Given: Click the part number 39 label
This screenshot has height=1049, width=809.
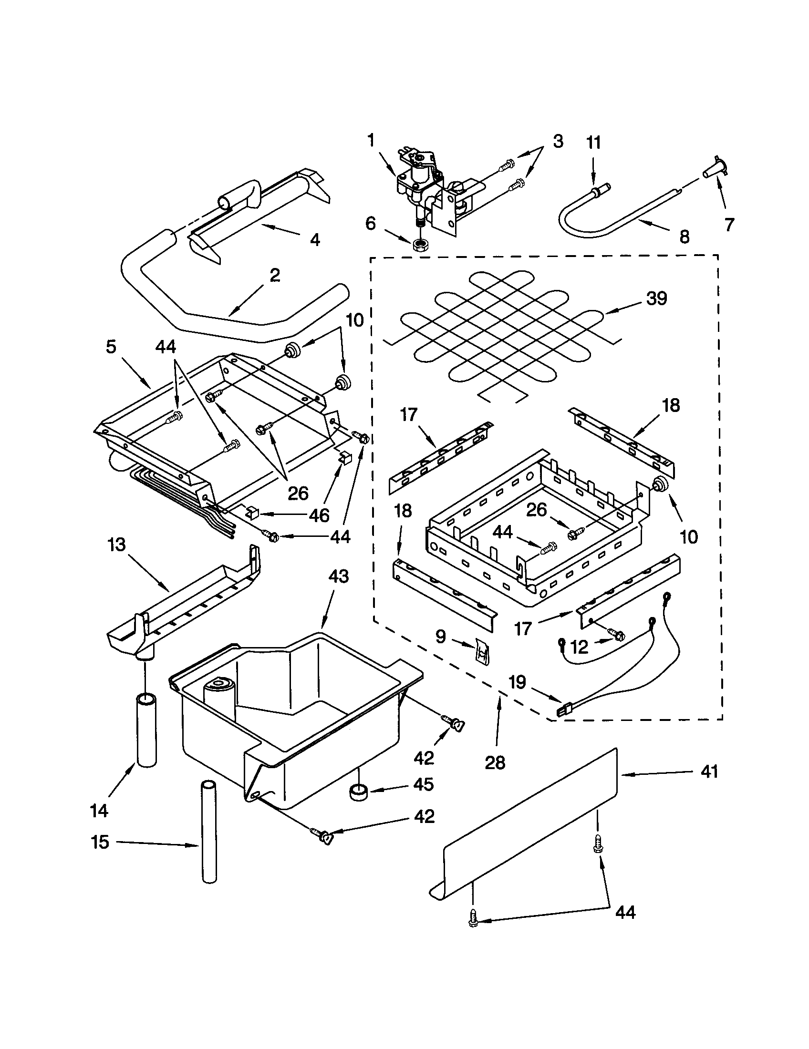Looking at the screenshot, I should (656, 298).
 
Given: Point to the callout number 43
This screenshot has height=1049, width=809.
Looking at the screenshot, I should (338, 576).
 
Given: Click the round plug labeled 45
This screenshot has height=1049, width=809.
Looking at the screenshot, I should (357, 792).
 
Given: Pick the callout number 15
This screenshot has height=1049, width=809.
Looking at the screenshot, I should (100, 842).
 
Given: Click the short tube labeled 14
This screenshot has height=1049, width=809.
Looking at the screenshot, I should (147, 729).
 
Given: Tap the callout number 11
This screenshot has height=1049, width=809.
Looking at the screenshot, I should (594, 143).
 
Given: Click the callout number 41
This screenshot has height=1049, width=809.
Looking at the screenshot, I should (709, 771).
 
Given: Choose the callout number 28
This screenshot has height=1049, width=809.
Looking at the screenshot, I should (495, 762).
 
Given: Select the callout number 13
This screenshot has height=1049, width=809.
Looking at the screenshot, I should (116, 545).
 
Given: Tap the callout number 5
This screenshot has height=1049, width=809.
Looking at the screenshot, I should (111, 346).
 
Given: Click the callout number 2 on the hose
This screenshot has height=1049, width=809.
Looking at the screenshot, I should (274, 275).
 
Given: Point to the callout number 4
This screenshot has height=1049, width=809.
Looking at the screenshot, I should (315, 239).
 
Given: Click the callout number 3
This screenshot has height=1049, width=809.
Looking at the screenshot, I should (557, 142).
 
